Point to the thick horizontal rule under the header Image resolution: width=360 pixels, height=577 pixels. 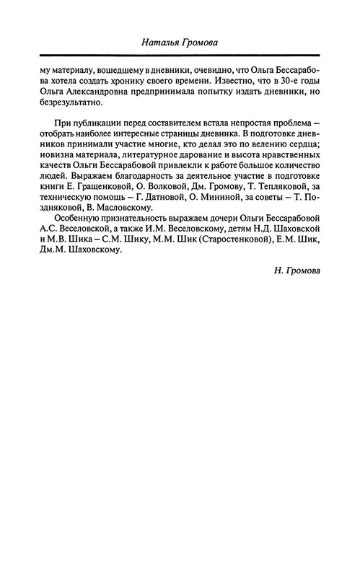[x=180, y=56]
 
